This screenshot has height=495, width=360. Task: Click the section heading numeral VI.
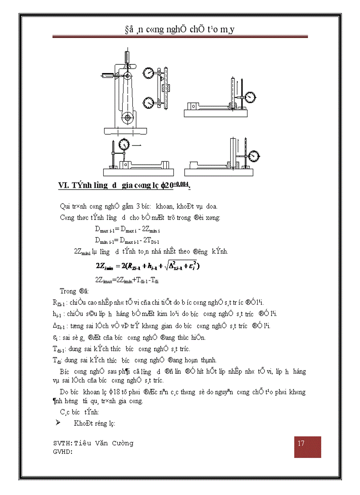point(64,186)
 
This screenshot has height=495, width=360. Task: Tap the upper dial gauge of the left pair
point(148,73)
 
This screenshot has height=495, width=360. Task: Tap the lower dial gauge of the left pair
point(148,103)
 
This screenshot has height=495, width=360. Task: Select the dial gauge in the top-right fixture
point(251,96)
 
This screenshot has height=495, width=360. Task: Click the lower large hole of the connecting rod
point(127,118)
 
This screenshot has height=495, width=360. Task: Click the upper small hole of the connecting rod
point(127,76)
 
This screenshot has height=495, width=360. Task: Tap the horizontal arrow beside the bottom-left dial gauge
point(137,145)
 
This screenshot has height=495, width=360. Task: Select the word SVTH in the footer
point(62,443)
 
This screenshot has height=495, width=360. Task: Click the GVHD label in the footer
point(62,451)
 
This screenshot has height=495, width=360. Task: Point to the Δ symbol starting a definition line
point(54,326)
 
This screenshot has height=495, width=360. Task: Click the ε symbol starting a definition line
point(54,337)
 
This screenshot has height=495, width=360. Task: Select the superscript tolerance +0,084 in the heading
point(180,183)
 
